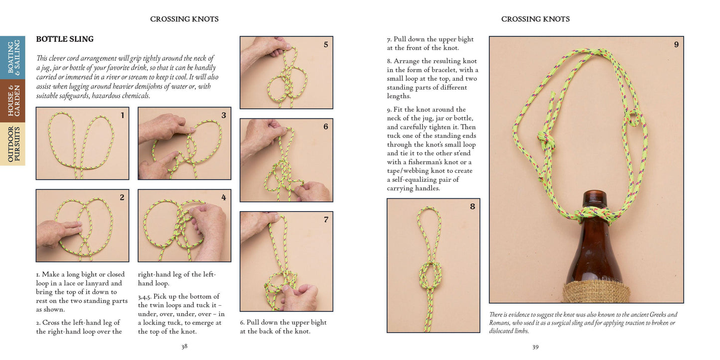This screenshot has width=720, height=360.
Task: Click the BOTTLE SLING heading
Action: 65,39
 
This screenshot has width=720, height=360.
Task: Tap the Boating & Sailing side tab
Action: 13,58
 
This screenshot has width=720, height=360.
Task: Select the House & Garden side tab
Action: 13,101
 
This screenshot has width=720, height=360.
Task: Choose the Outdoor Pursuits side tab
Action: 13,144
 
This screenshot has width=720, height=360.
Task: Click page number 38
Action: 184,347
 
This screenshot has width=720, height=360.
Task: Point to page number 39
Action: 535,347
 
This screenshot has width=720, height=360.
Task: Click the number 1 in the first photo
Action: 122,116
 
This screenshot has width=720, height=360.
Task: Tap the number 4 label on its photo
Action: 224,198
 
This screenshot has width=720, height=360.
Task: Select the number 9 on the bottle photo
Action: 676,45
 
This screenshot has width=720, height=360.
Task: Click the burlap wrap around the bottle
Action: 595,291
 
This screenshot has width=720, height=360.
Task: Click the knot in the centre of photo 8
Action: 431,273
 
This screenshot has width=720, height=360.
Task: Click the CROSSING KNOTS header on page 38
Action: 184,19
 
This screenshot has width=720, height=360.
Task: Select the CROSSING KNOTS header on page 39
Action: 535,19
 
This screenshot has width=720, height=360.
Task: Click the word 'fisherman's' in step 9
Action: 428,162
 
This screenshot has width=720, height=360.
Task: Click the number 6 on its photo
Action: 326,127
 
